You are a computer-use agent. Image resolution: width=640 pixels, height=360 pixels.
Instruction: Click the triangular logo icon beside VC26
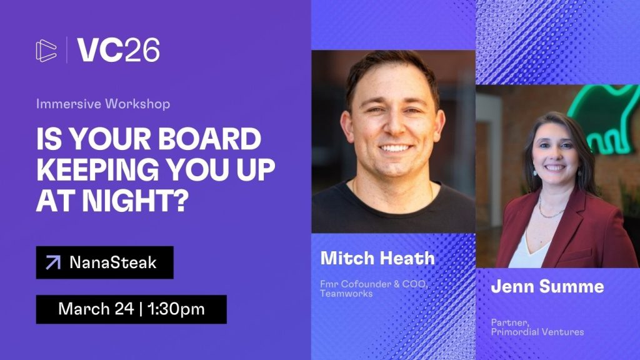coord(46,51)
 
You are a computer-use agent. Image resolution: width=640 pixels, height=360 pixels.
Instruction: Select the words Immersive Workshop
coord(103,104)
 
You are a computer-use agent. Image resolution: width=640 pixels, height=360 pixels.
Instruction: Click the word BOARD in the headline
coord(209,139)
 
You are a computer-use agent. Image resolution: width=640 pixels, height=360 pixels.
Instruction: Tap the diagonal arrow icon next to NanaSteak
coord(53,262)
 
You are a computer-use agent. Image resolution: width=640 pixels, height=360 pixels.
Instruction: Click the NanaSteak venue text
coord(113,262)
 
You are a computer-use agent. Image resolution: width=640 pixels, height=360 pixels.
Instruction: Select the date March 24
coord(96,309)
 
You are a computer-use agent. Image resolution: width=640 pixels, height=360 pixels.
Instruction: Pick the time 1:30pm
coord(176,309)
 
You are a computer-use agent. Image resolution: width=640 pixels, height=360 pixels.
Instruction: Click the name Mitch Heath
coord(377,258)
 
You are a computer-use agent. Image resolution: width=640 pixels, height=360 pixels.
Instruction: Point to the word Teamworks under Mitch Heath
coord(346,294)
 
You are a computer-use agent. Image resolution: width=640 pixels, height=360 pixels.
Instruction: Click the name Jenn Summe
coord(547,286)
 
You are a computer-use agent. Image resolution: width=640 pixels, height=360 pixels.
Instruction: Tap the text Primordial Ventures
coord(537,332)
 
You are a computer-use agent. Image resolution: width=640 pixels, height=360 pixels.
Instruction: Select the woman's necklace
coord(551,208)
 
